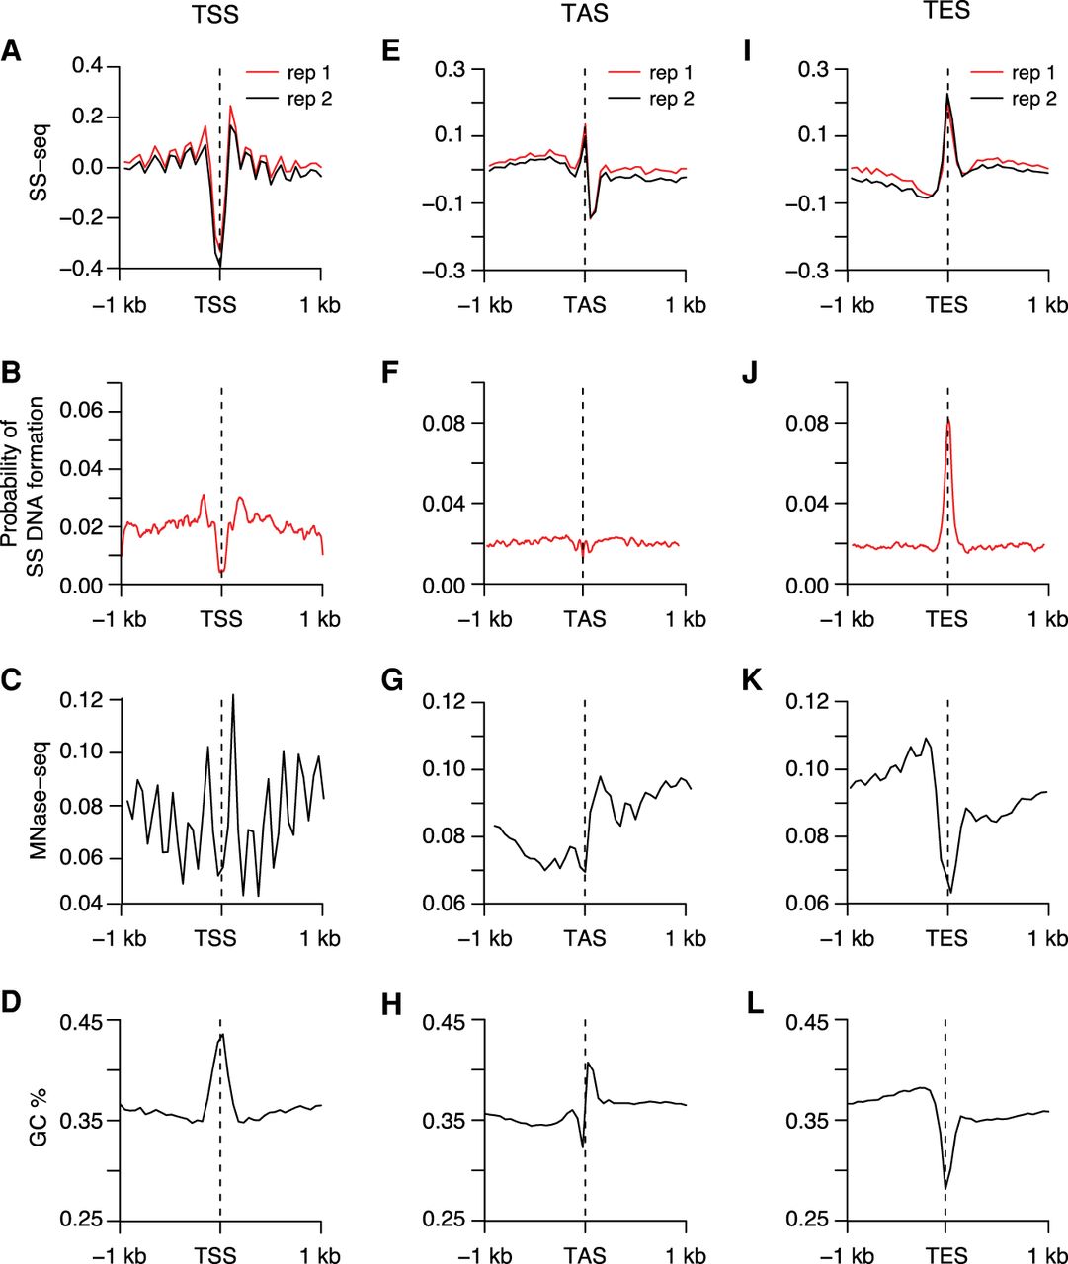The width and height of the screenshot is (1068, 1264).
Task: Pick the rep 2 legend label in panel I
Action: pos(1034,99)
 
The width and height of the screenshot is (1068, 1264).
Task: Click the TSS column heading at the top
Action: pos(219,14)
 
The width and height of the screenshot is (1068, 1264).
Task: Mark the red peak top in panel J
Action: pos(948,419)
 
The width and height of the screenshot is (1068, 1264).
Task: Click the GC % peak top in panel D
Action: pos(223,1034)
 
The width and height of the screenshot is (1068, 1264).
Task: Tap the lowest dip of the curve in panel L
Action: pos(945,1188)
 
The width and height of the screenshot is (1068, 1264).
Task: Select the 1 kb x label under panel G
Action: pos(686,937)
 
